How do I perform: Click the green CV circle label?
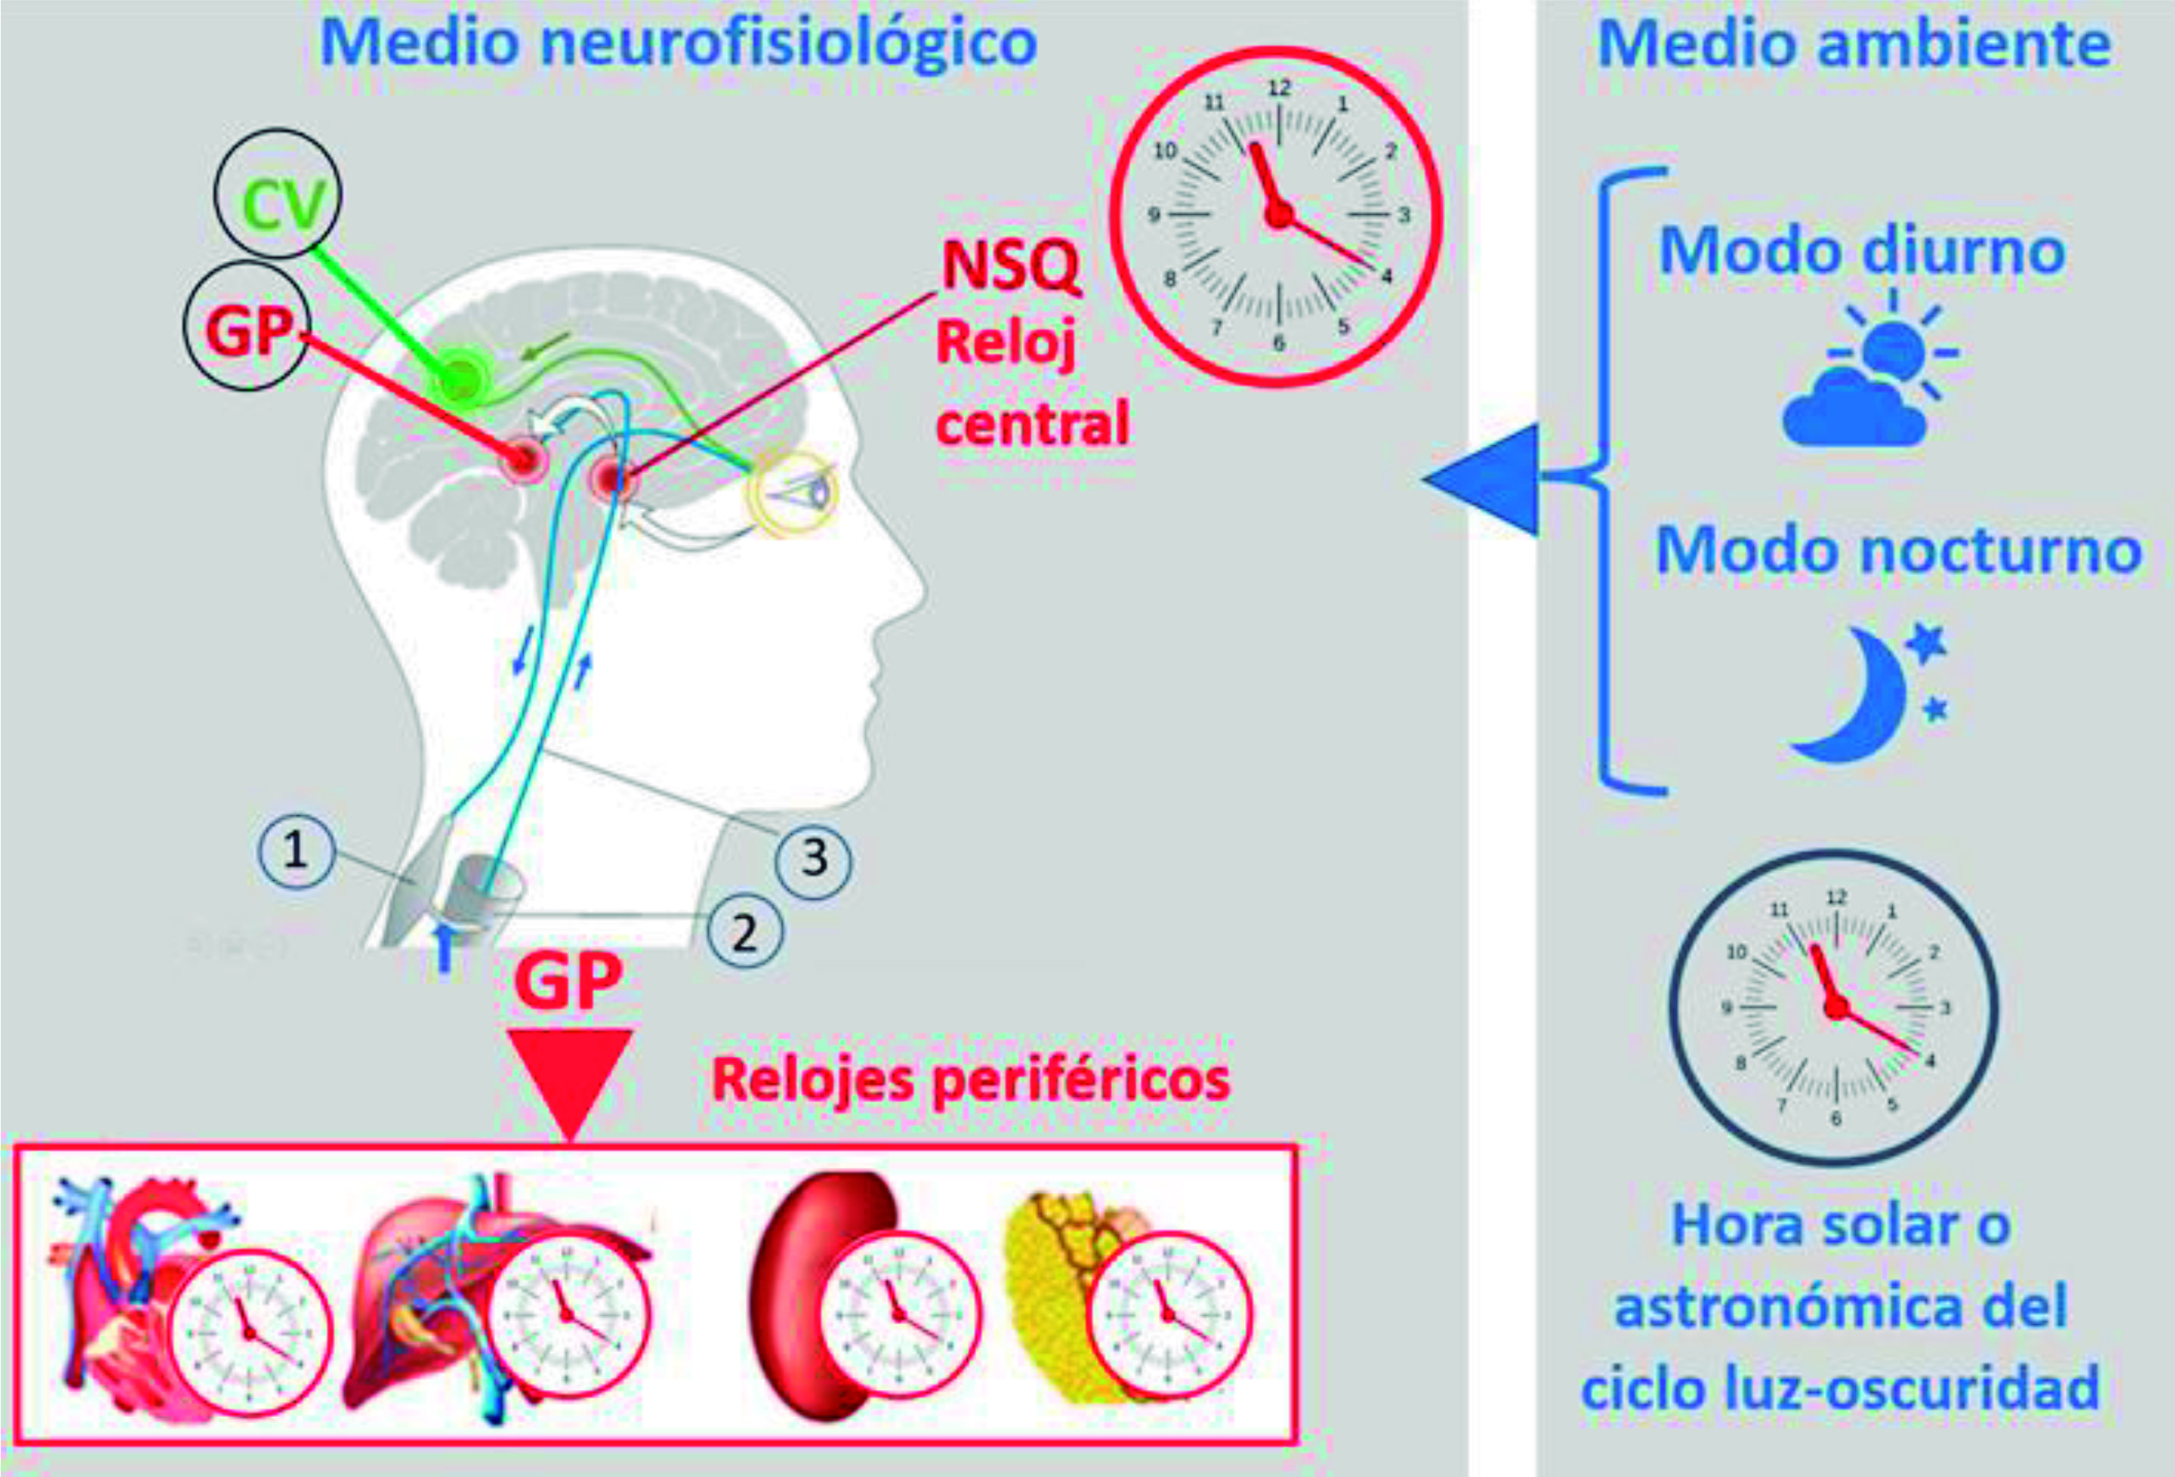(x=278, y=193)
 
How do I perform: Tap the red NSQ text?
(x=1011, y=266)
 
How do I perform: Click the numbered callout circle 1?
(x=296, y=850)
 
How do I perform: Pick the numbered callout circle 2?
(x=745, y=932)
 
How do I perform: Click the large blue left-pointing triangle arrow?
(x=1479, y=479)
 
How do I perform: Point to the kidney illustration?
(x=823, y=1293)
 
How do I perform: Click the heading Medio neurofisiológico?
(x=678, y=44)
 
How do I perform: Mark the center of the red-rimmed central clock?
(x=1278, y=216)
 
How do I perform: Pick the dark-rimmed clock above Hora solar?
(x=1835, y=1007)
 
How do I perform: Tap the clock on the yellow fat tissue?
(x=1169, y=1314)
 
